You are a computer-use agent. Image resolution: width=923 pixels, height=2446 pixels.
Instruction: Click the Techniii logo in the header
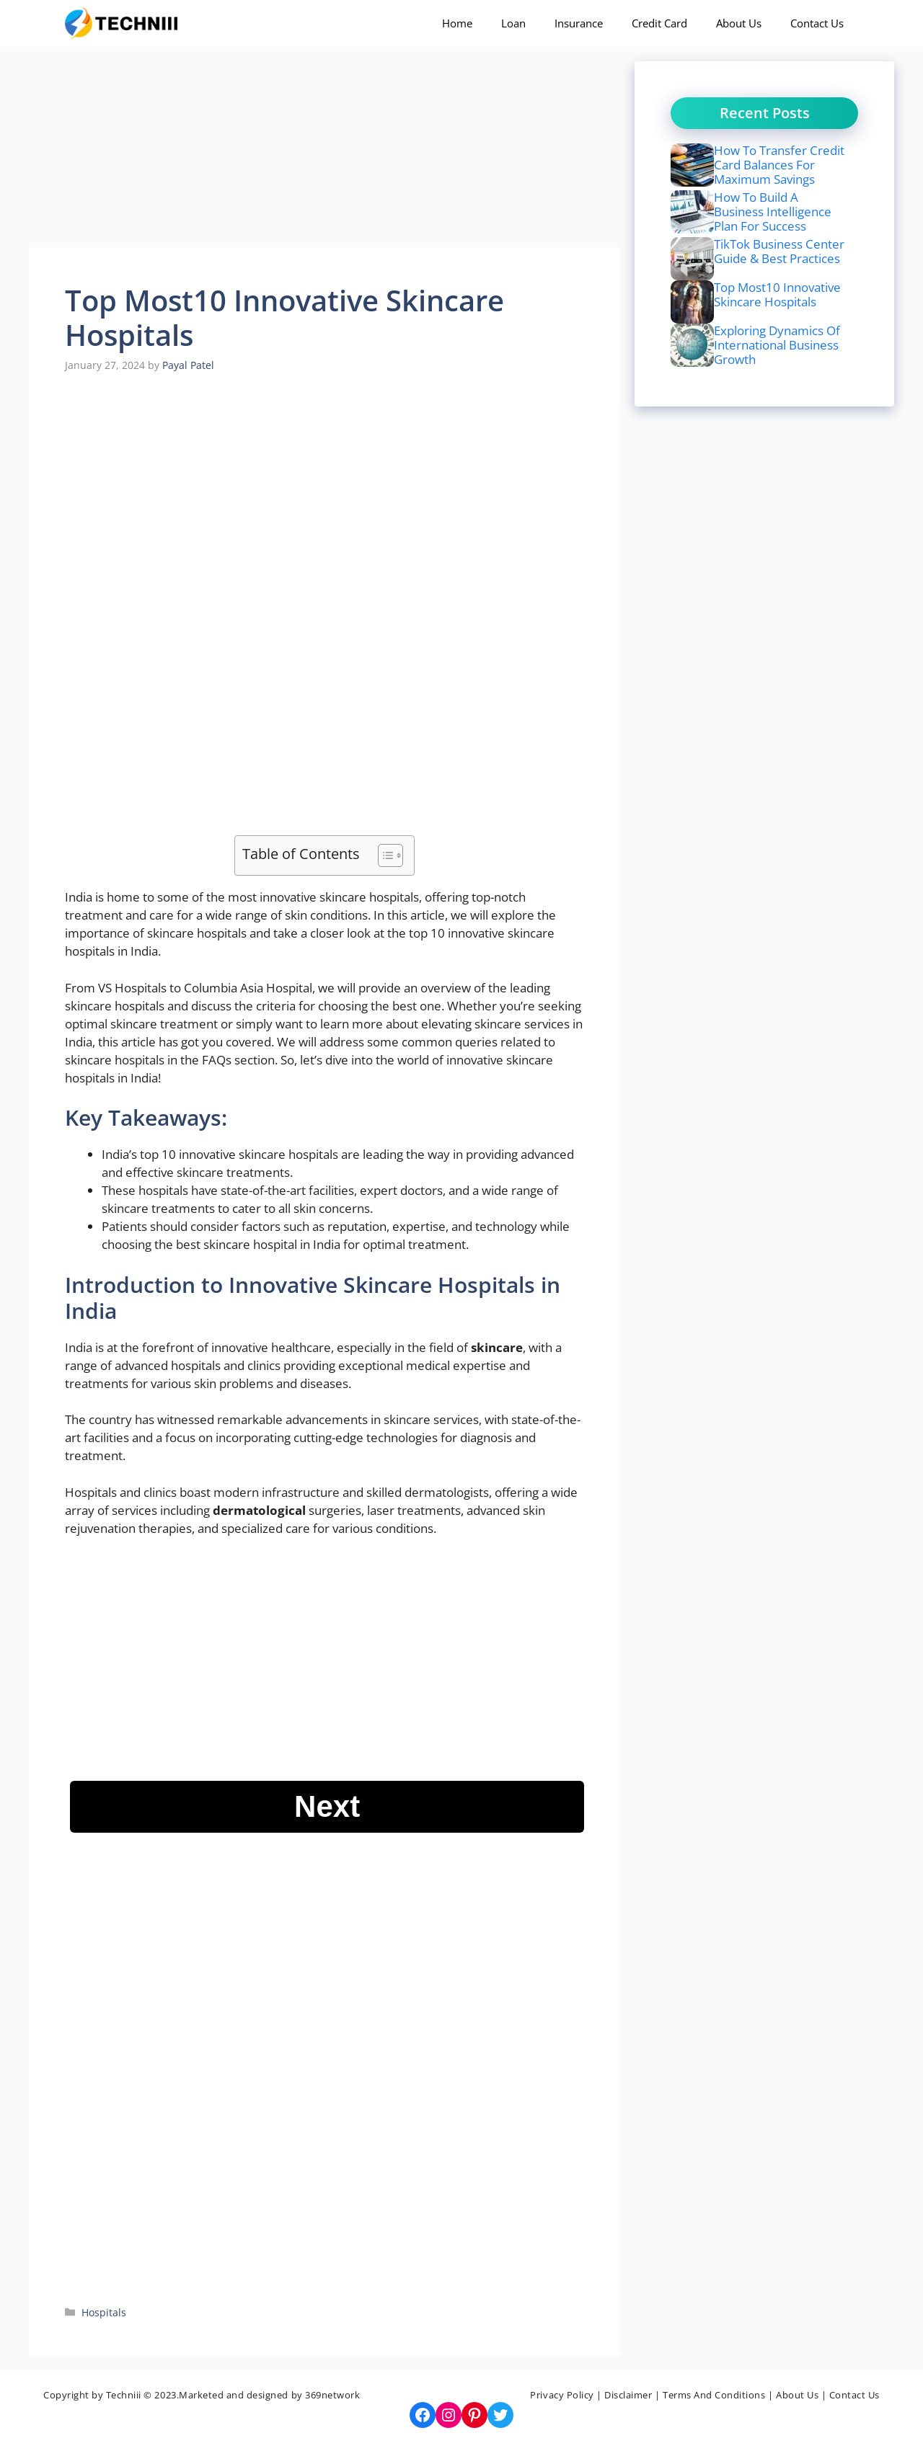[122, 23]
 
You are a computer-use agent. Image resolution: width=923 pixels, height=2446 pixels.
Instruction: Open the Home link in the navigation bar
[456, 24]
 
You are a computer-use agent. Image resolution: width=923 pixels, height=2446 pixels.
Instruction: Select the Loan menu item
[513, 24]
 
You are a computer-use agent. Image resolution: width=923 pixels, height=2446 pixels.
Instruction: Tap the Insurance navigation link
[578, 24]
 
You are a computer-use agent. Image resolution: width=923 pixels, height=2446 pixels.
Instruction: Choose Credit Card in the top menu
[659, 24]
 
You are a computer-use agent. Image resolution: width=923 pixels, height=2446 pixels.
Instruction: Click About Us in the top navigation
[738, 24]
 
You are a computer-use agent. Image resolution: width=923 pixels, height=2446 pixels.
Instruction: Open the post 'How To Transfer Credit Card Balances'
[778, 164]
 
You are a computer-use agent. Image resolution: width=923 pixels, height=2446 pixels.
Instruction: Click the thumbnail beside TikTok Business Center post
[692, 257]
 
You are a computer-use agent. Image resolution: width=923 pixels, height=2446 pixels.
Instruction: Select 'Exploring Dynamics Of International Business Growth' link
[776, 344]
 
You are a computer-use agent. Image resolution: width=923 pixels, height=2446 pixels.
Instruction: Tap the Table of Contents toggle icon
[390, 855]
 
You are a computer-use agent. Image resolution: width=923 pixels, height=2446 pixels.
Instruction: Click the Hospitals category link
[104, 2312]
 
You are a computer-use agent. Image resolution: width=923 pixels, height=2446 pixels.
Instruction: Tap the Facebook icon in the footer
[423, 2415]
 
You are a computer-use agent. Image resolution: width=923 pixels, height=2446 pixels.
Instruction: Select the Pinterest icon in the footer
[474, 2415]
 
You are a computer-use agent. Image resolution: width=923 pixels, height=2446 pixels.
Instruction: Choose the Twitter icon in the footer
[500, 2415]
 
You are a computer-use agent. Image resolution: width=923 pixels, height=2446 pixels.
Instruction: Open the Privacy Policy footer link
[561, 2395]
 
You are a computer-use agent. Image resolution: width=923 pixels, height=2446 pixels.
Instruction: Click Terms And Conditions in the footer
[713, 2395]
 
